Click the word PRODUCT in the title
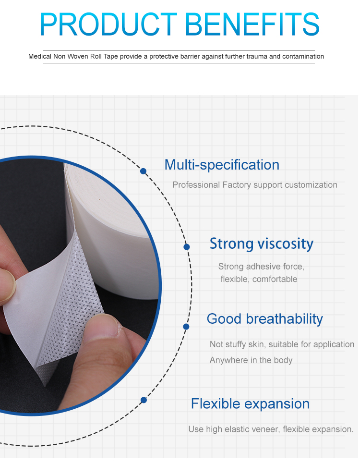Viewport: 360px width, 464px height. pos(108,24)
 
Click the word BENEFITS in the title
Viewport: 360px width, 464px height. pos(252,24)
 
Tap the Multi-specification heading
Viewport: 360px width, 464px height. pos(222,165)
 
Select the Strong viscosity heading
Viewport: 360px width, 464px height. pos(262,244)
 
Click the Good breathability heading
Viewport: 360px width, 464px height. pos(265,319)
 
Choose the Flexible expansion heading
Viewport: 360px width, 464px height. pos(250,404)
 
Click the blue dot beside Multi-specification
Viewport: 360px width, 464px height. pos(143,171)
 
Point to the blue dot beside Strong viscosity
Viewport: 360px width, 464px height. pos(187,247)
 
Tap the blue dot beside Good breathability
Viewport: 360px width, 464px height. pos(186,327)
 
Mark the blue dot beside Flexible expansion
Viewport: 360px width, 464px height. pos(144,400)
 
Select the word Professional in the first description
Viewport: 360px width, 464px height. pos(196,185)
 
